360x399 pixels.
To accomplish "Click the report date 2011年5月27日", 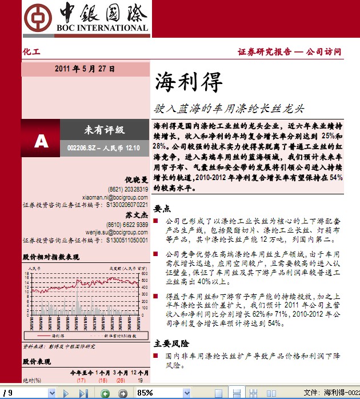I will [x=85, y=69].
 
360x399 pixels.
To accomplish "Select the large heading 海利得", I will [x=188, y=83].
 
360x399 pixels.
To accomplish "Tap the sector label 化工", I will [x=32, y=52].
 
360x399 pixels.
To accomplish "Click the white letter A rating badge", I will [x=41, y=140].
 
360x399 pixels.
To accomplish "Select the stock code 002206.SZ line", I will [x=103, y=148].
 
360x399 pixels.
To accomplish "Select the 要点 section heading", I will [x=162, y=209].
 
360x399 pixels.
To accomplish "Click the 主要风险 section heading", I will [x=171, y=344].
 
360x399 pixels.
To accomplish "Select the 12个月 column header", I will [x=139, y=372].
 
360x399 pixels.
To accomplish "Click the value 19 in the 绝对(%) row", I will [x=141, y=380].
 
